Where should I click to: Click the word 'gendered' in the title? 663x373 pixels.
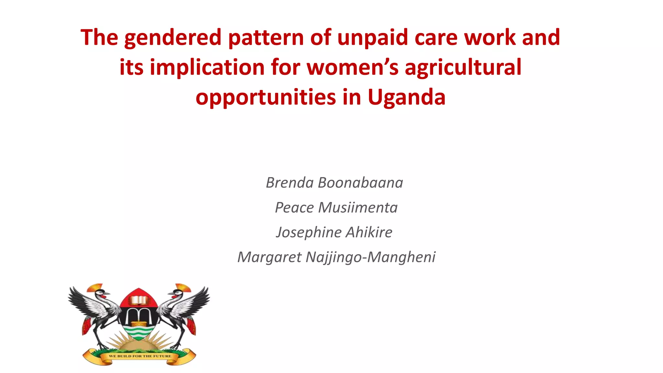(173, 38)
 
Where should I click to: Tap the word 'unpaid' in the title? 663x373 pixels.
(373, 38)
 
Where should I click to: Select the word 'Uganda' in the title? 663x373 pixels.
(406, 97)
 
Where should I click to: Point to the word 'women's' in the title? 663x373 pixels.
(353, 67)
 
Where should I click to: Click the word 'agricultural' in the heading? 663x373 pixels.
(463, 67)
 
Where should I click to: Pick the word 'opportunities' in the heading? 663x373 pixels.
(266, 97)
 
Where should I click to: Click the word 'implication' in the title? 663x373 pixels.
(207, 67)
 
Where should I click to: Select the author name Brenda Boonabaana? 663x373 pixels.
(334, 183)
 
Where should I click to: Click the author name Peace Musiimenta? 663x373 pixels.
(336, 208)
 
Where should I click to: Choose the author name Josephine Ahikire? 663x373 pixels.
(334, 232)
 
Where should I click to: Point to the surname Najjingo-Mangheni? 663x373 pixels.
(370, 257)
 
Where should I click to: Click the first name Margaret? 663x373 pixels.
(269, 257)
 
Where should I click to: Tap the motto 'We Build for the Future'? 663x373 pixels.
(140, 356)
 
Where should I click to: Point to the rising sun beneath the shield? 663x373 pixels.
(139, 343)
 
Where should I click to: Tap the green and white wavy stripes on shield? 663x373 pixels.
(139, 332)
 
